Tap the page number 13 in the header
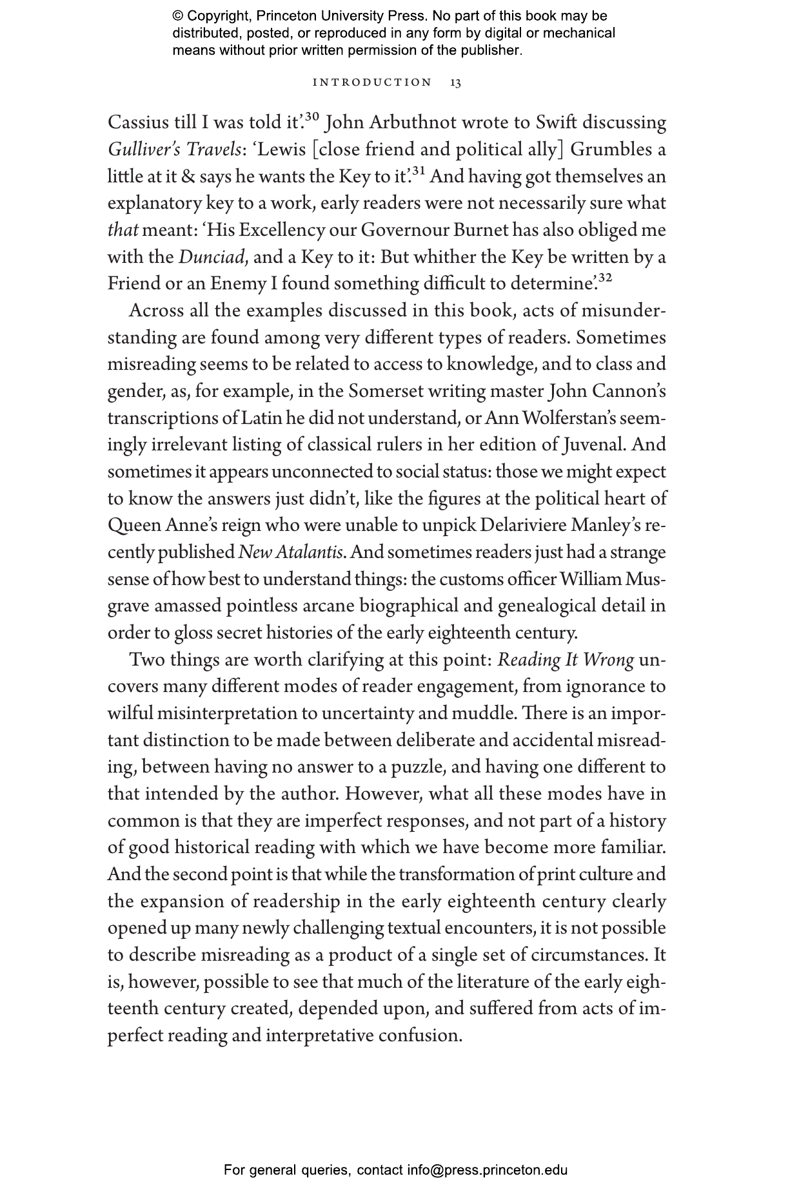(x=455, y=83)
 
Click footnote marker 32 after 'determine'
(x=604, y=278)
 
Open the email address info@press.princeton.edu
(x=487, y=1170)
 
